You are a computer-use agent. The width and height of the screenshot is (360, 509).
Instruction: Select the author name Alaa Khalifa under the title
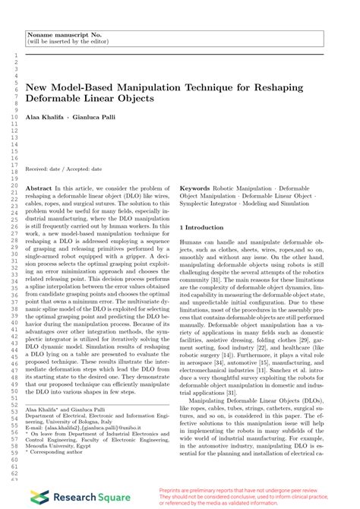click(x=45, y=119)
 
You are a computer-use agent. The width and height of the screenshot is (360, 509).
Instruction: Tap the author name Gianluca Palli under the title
click(x=90, y=119)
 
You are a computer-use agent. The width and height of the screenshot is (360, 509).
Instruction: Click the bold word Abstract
click(x=39, y=186)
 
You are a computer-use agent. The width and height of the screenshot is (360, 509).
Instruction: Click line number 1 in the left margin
click(x=14, y=55)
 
